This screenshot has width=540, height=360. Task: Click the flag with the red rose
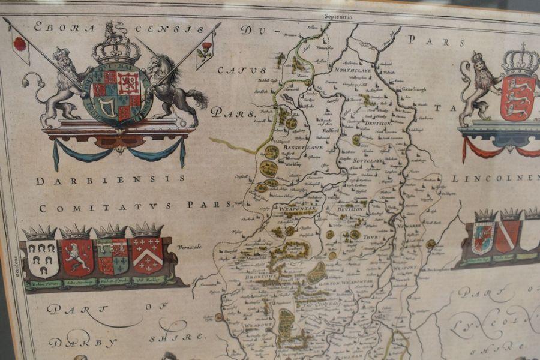click(x=20, y=44)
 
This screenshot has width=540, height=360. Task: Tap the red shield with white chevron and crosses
click(x=147, y=255)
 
